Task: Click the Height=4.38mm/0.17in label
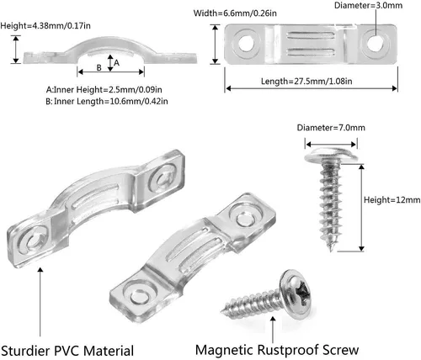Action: tap(45, 26)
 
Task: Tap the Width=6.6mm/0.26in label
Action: tap(235, 13)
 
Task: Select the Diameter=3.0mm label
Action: tap(368, 5)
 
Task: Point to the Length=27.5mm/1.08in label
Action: tap(306, 82)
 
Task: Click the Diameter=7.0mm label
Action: tap(331, 128)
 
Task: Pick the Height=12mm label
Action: tap(392, 200)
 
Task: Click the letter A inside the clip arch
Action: tap(116, 63)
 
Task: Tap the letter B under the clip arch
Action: tap(99, 67)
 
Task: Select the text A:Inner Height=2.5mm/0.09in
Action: tap(104, 90)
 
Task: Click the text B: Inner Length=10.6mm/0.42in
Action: tap(107, 101)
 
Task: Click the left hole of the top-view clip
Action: tap(246, 44)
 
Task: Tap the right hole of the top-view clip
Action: tap(376, 44)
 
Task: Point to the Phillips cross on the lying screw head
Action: tap(303, 293)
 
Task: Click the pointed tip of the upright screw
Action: tap(331, 251)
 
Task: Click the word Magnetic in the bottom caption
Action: tap(224, 350)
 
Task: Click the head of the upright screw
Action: tap(331, 155)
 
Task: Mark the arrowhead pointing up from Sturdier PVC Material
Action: tap(40, 269)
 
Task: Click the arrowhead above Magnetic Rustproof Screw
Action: tap(273, 318)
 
